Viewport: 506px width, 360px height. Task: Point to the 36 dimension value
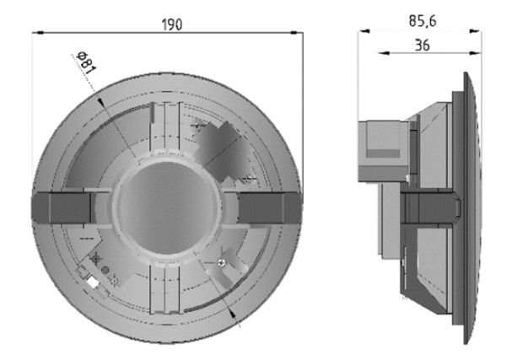[423, 46]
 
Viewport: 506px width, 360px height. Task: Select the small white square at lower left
[92, 282]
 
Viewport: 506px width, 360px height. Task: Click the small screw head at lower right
[221, 265]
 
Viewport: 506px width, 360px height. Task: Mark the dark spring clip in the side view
[430, 204]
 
